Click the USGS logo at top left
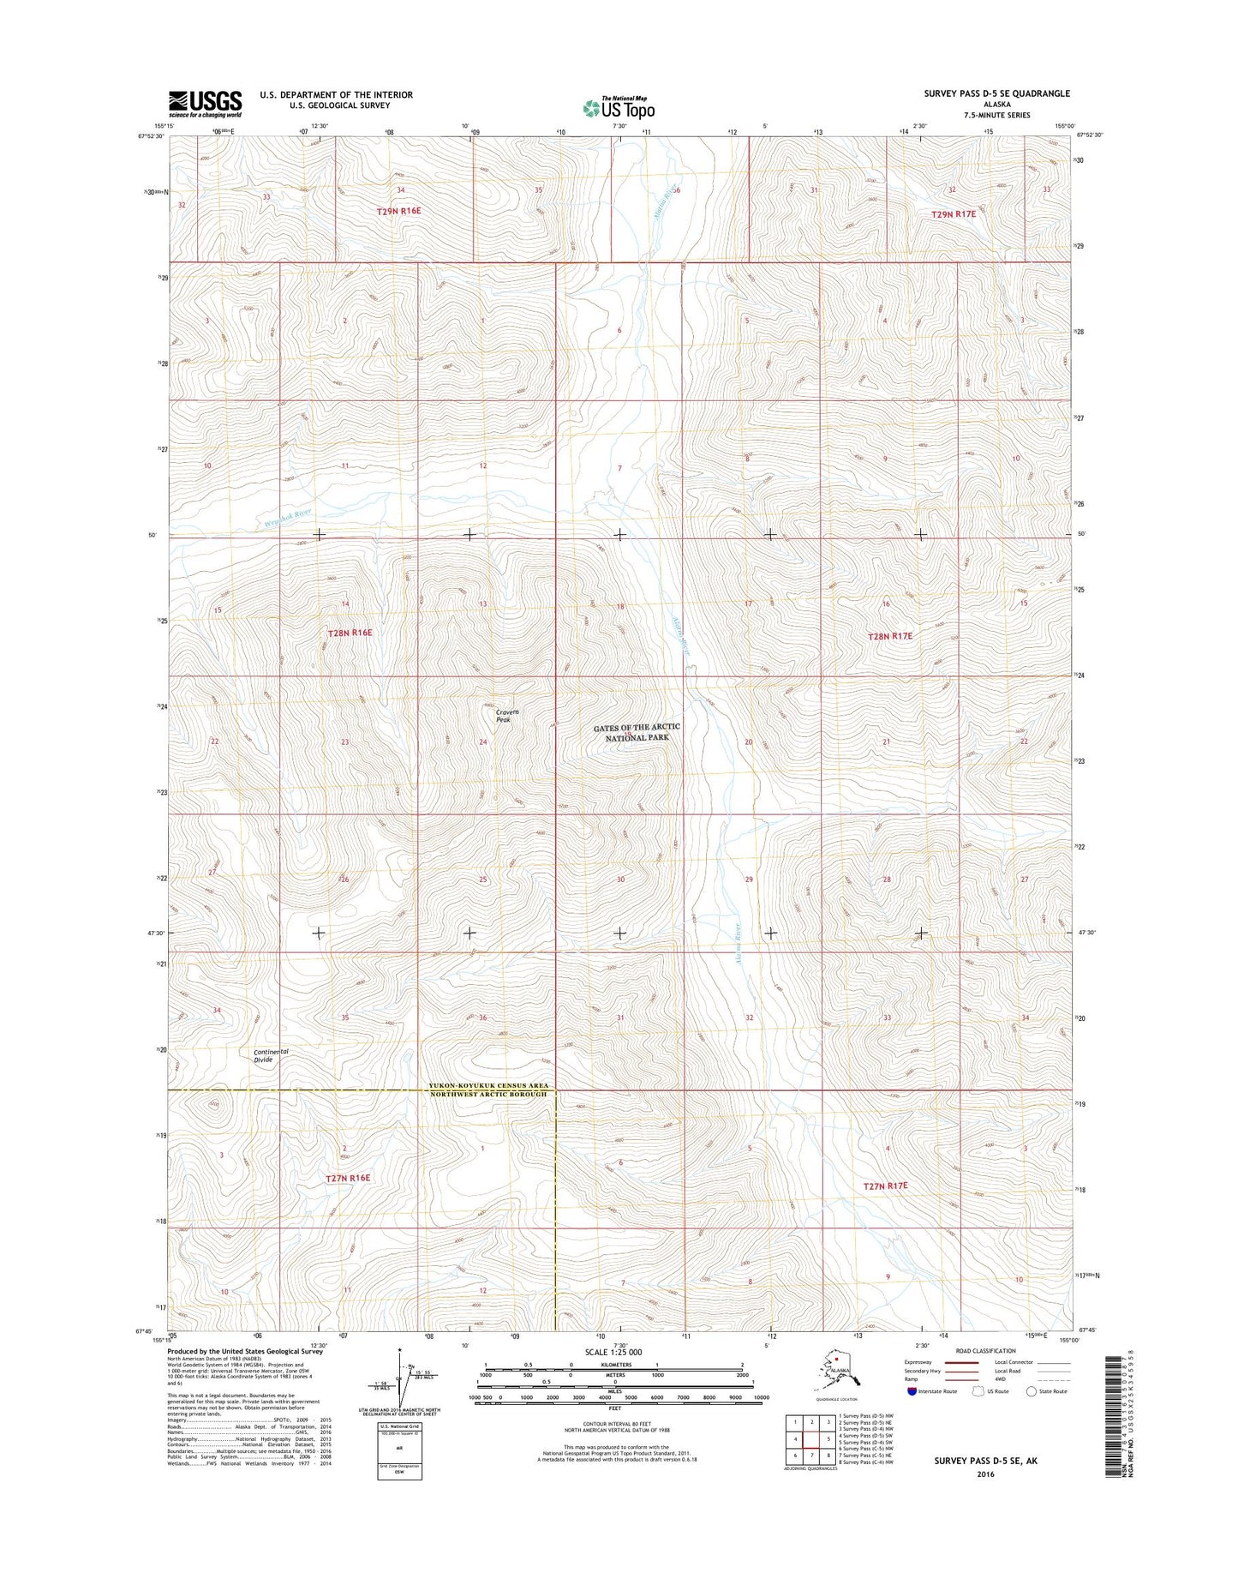205,104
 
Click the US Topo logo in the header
619,107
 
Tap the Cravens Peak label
508,716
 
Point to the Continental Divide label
270,1055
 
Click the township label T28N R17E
890,637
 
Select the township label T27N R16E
348,1178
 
